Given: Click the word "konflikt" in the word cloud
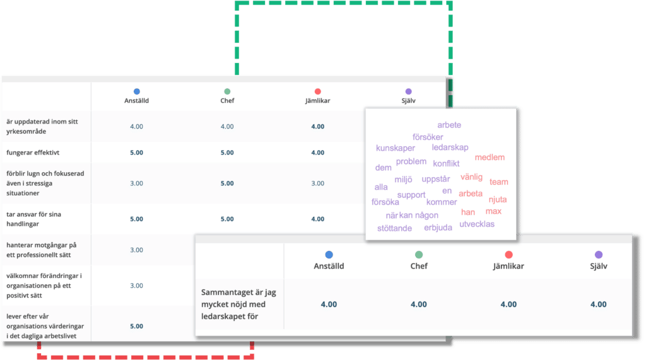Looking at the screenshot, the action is (x=446, y=163).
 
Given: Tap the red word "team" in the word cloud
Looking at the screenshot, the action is (x=498, y=182).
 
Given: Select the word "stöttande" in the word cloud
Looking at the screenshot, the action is (x=394, y=228).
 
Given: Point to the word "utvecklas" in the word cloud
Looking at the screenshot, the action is (x=477, y=224).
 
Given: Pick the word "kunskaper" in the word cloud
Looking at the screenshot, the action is (x=395, y=148).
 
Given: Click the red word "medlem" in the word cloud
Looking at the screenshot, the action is (x=490, y=158).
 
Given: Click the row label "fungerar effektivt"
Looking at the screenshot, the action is (x=33, y=153).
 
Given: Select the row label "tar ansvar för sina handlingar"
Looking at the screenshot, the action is (x=34, y=219).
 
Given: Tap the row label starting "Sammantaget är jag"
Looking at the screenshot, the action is (x=238, y=305).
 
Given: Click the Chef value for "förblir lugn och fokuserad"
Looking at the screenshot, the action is (x=227, y=183).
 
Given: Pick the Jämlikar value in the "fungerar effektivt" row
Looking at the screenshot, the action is (x=318, y=153).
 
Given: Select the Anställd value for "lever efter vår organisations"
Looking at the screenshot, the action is (x=137, y=326).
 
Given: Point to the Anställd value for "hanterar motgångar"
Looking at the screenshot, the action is (x=137, y=250).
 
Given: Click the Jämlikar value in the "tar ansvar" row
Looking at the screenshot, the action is (x=318, y=219).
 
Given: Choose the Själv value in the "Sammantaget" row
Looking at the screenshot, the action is (x=598, y=305).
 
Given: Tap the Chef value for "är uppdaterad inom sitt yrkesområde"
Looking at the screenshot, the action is (x=227, y=127).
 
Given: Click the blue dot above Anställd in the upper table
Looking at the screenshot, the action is (x=137, y=91).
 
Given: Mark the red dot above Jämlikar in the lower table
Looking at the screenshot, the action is (x=509, y=255).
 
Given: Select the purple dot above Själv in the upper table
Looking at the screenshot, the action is (x=408, y=91).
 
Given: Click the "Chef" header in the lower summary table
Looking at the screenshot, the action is (x=419, y=266).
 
